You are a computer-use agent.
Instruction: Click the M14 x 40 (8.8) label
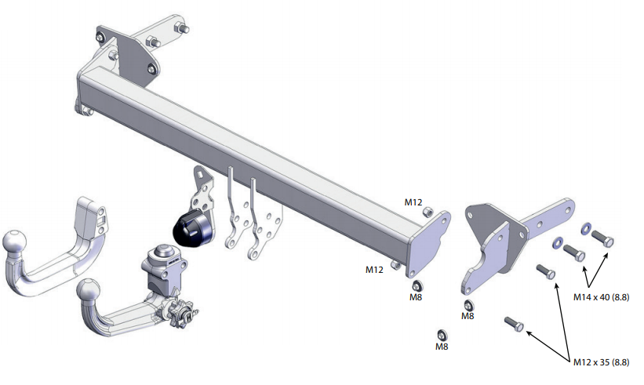[x=601, y=296]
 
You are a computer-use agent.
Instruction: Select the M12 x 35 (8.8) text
[x=601, y=362]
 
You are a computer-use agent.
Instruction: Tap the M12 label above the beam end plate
[x=413, y=202]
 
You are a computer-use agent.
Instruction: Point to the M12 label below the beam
[x=374, y=269]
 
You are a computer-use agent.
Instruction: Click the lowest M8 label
[x=442, y=347]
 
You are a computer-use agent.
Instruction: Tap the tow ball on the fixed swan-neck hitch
[x=14, y=242]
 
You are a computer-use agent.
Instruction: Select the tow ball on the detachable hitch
[x=89, y=291]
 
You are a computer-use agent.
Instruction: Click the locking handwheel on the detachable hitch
[x=181, y=314]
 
